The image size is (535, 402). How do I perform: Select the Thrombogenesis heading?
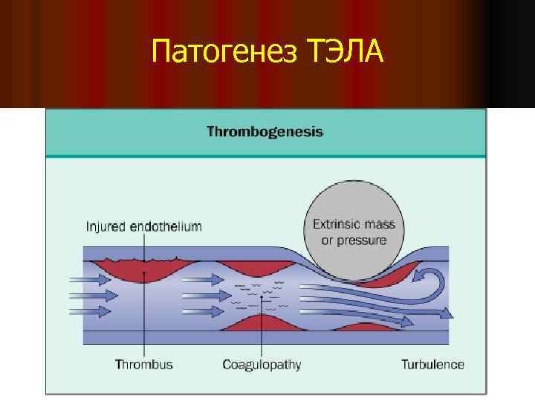265,132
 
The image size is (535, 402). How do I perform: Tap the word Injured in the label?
104,226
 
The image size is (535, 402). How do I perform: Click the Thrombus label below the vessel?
143,364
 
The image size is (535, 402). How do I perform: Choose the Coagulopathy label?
262,364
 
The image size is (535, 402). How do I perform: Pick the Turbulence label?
432,364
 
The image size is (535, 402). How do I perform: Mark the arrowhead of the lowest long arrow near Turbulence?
406,321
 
